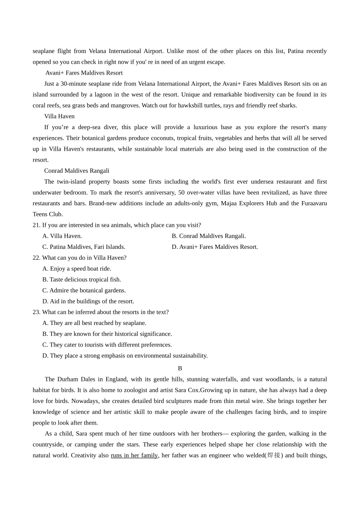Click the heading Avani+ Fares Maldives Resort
click(84, 73)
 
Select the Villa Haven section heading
click(59, 116)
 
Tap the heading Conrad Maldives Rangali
click(77, 171)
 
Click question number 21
click(36, 225)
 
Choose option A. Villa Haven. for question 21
click(62, 236)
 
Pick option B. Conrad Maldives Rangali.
click(208, 236)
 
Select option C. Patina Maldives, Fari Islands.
click(84, 247)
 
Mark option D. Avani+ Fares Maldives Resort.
click(214, 247)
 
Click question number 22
click(36, 258)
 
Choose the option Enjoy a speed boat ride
click(77, 269)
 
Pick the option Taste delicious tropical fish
click(82, 279)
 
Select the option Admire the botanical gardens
click(84, 290)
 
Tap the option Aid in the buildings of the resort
click(88, 301)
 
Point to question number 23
click(36, 312)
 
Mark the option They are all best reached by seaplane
click(94, 323)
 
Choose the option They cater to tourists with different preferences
click(107, 345)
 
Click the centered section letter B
click(180, 368)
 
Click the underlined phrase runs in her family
click(134, 455)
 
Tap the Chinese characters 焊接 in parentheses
click(274, 455)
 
